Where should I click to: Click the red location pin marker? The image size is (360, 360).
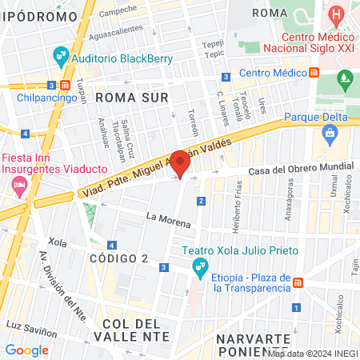181,165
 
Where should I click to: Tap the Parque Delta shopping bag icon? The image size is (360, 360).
329,135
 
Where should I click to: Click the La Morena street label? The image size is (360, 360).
168,218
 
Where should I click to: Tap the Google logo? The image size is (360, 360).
26,350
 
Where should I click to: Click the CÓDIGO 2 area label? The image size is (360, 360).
118,258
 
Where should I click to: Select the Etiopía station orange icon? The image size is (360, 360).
299,283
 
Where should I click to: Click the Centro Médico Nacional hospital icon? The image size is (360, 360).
337,14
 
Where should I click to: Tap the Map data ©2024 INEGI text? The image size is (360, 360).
312,353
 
